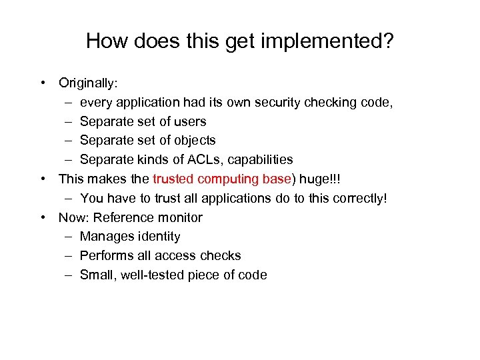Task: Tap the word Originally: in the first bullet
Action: click(88, 83)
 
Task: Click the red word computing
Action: click(226, 179)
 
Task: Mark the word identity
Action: click(158, 237)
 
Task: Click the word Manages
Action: click(105, 237)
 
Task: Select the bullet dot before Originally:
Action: click(43, 83)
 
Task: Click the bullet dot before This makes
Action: click(43, 179)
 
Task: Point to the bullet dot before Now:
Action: click(43, 217)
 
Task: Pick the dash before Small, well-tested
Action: click(70, 275)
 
